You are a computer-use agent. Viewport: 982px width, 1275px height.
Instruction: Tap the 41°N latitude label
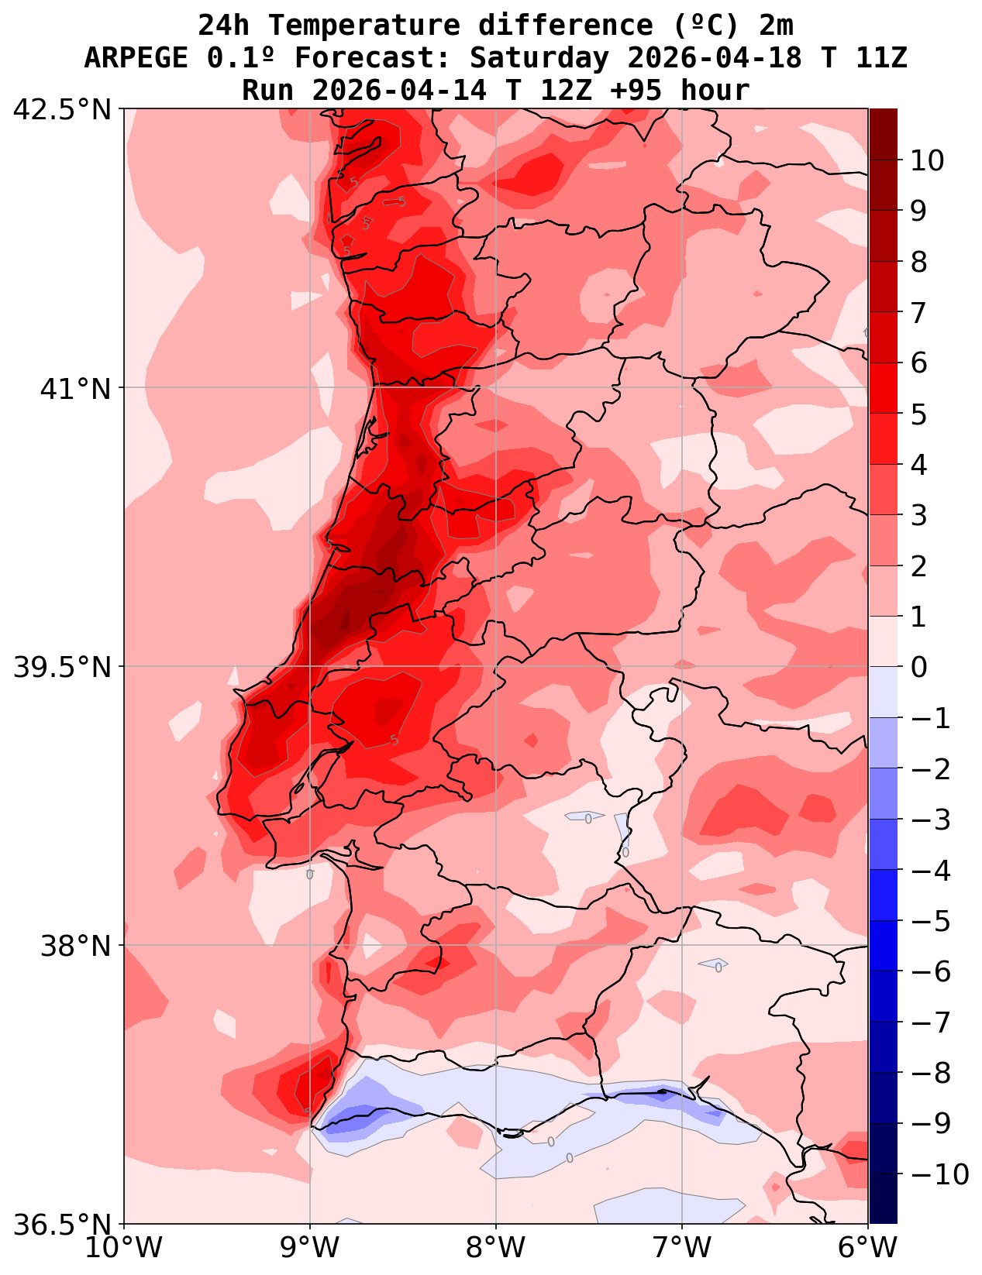(x=76, y=388)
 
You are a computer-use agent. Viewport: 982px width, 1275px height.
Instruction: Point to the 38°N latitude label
(x=76, y=946)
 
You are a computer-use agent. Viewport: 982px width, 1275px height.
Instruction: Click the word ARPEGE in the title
(x=136, y=58)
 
